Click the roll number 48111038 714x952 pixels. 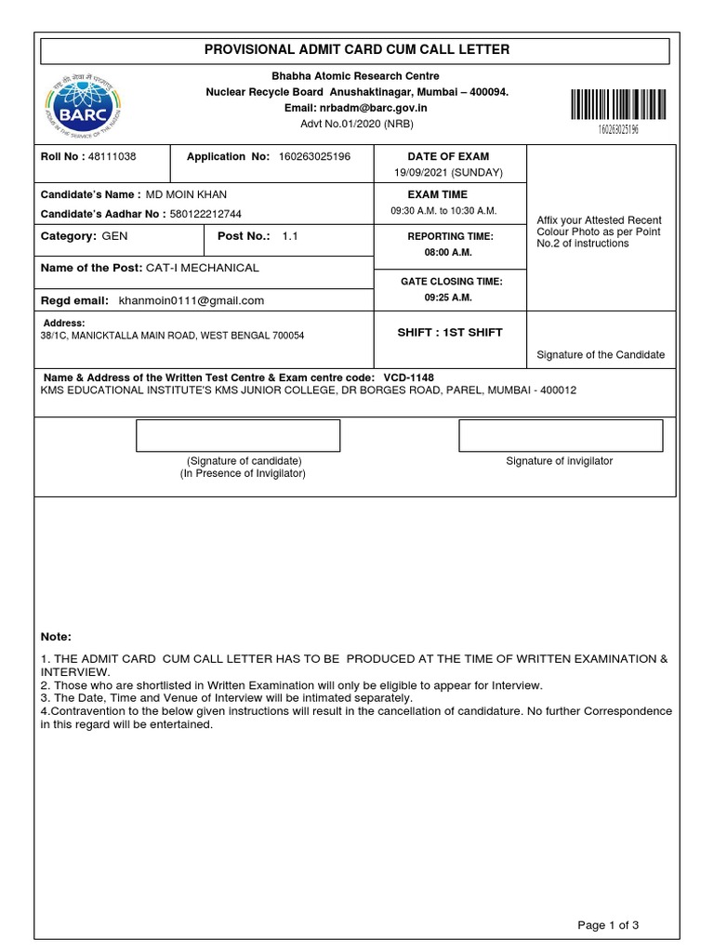(x=112, y=157)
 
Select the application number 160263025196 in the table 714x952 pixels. (x=314, y=157)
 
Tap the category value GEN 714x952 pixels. (x=114, y=237)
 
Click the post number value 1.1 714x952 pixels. (x=292, y=237)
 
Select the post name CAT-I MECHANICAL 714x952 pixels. (x=203, y=268)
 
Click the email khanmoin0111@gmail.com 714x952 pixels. (x=191, y=300)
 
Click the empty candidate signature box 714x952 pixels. (x=238, y=435)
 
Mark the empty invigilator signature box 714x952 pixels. (x=560, y=435)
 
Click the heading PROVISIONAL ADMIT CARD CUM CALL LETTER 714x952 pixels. (x=357, y=49)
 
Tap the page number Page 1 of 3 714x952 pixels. (x=608, y=924)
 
